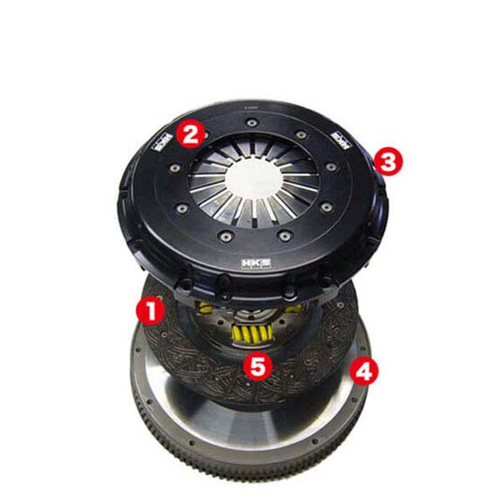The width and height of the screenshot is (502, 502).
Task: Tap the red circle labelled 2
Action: [192, 134]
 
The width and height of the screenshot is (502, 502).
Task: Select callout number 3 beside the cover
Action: [387, 161]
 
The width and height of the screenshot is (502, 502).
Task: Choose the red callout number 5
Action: [259, 365]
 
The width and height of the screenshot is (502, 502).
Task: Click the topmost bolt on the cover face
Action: [250, 122]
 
